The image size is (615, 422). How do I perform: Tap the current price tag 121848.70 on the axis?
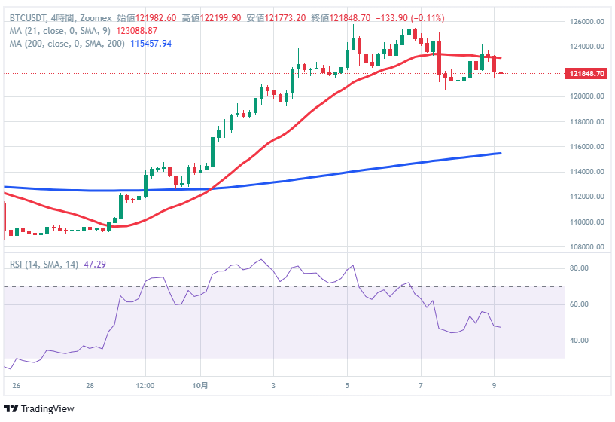[x=586, y=73]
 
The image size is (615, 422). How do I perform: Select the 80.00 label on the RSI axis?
[x=579, y=268]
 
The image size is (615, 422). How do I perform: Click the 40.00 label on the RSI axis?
[x=579, y=341]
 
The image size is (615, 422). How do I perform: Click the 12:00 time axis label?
[x=145, y=384]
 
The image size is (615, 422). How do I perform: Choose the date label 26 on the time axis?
[x=16, y=384]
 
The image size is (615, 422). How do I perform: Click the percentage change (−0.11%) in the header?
[x=424, y=17]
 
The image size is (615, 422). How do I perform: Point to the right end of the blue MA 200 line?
[x=501, y=153]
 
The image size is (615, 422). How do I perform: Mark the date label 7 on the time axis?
[x=421, y=384]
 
